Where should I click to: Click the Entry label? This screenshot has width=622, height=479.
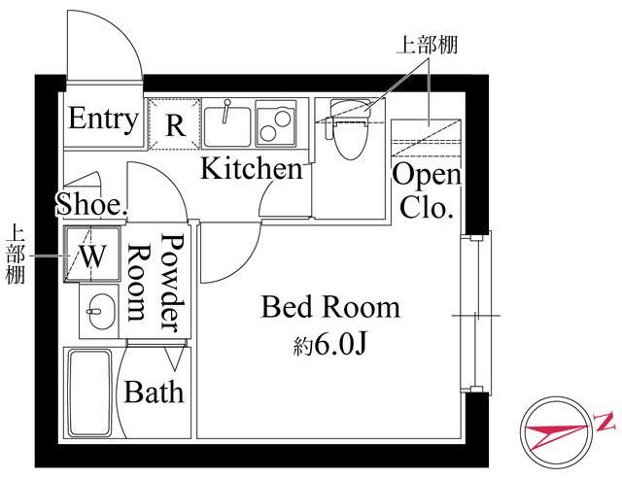tap(103, 119)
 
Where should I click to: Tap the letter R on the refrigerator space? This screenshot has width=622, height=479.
tap(175, 125)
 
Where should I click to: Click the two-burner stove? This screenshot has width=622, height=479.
tap(276, 123)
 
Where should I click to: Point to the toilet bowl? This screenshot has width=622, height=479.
tap(351, 139)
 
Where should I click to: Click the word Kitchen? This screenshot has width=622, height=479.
tap(252, 168)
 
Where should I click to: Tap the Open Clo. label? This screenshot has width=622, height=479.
tap(427, 191)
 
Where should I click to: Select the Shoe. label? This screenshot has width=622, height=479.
tap(92, 204)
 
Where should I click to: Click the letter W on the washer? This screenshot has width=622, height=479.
tap(93, 256)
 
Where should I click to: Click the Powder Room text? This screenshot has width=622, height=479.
tap(156, 283)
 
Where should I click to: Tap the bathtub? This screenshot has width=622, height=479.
tap(88, 393)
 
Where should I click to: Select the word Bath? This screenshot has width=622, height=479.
tap(154, 392)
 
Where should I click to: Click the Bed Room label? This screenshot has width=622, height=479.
tap(330, 307)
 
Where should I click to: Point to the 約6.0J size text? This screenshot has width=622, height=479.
tap(329, 345)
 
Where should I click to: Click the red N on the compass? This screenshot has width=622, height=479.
tap(605, 422)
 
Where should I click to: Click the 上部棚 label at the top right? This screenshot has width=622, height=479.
tap(428, 45)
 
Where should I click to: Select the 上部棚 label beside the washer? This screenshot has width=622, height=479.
tap(16, 255)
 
